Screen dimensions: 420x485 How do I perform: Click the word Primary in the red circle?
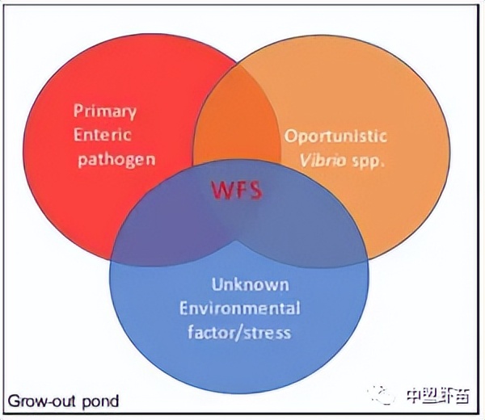[x=105, y=111]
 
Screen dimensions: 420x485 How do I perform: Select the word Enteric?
[x=102, y=134]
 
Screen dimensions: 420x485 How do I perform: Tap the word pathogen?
[x=116, y=157]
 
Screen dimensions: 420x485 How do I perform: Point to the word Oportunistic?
[x=335, y=136]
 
